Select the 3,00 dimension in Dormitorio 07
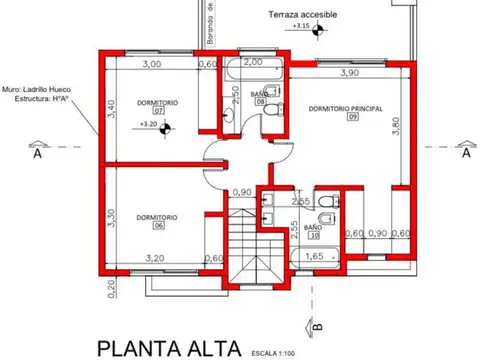[151, 65]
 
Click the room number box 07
[158, 111]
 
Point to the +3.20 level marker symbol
[167, 125]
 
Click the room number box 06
[158, 226]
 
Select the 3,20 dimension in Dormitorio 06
[155, 258]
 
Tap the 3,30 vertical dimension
[113, 217]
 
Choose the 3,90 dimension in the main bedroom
[350, 73]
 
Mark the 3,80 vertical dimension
[396, 125]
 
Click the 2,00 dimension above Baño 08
[253, 62]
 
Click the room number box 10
[313, 237]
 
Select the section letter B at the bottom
[316, 326]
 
